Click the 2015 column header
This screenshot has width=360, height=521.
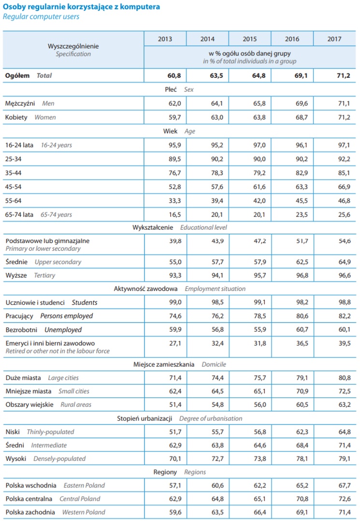coord(250,39)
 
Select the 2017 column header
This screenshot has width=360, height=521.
coord(334,39)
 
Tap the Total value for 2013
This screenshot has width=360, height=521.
coord(174,76)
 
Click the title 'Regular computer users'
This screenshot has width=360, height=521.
coord(41,17)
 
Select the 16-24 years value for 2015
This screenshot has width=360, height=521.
coord(258,145)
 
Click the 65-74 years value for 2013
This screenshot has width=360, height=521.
coord(174,214)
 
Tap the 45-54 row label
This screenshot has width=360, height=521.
coord(14,186)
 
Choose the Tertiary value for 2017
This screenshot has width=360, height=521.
coord(343,275)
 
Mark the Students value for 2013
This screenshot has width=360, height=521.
coord(174,303)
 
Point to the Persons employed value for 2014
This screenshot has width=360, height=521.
coord(216,316)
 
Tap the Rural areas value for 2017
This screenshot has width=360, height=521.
coord(343,405)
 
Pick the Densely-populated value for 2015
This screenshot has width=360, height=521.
coord(258,459)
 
